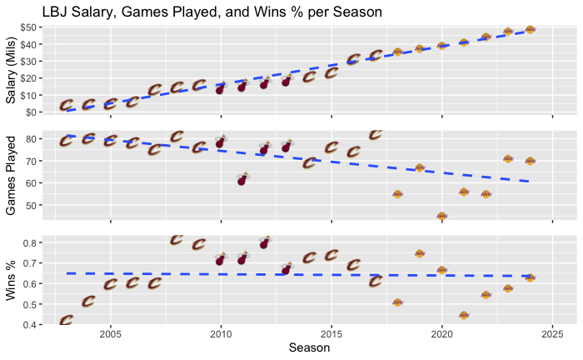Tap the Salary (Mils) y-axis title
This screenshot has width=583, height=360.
click(12, 71)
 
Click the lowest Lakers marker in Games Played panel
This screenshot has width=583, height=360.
click(441, 217)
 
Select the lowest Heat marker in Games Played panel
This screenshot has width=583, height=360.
click(242, 179)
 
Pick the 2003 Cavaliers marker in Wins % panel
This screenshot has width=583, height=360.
click(67, 320)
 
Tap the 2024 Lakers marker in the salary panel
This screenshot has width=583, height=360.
click(530, 30)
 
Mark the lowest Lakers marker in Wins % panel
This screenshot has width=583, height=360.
click(464, 316)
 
